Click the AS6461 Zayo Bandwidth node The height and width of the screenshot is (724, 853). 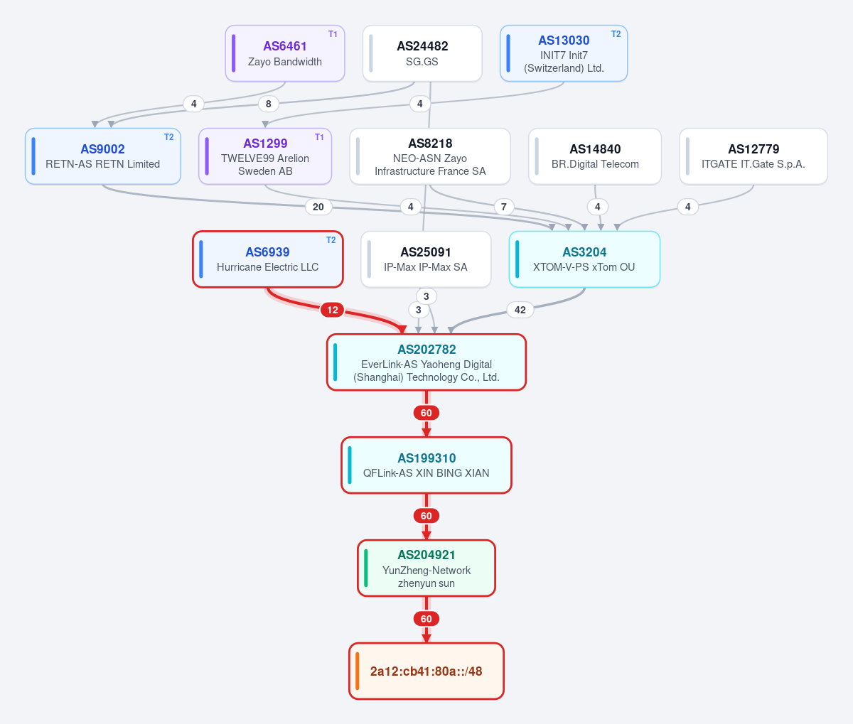(285, 53)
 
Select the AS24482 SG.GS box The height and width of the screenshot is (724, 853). (422, 53)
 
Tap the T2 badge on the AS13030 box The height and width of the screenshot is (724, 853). (616, 34)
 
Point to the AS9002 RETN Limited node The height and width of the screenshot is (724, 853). (103, 156)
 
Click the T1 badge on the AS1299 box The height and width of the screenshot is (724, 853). (319, 137)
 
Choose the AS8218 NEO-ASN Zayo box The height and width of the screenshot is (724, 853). (430, 156)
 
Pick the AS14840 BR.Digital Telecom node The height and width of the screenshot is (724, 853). (595, 156)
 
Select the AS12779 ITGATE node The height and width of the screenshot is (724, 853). (753, 156)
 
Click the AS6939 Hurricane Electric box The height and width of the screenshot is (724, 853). (268, 259)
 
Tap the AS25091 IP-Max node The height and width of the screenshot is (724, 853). (426, 259)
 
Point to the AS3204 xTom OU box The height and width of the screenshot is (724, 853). (584, 259)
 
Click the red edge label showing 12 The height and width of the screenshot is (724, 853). (333, 310)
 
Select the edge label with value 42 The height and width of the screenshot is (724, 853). (520, 310)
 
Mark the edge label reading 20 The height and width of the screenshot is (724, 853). (318, 207)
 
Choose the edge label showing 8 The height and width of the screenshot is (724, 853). (268, 104)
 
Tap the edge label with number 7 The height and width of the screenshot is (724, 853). (503, 207)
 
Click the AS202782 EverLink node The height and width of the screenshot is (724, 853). (426, 362)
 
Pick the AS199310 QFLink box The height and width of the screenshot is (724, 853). (426, 465)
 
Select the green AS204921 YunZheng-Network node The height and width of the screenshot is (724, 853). (426, 568)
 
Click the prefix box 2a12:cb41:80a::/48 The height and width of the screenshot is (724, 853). (426, 671)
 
